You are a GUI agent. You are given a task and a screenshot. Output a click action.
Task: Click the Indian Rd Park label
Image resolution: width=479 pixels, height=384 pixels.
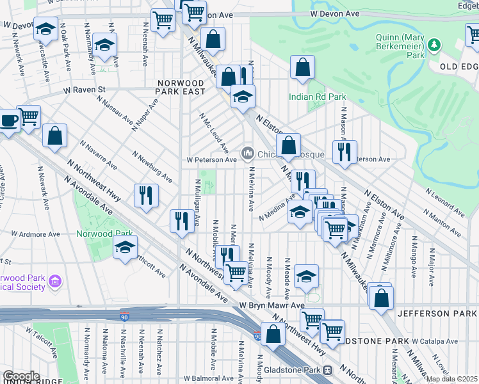click(x=317, y=97)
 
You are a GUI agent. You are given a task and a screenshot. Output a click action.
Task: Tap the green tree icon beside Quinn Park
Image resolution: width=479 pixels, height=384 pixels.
click(x=435, y=44)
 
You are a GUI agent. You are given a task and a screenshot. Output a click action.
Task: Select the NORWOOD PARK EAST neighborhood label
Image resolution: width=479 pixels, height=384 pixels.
click(x=182, y=87)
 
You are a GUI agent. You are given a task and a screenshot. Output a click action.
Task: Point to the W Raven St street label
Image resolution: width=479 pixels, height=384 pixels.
click(x=84, y=90)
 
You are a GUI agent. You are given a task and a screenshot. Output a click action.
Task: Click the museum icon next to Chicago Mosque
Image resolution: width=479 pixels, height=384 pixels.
click(x=248, y=154)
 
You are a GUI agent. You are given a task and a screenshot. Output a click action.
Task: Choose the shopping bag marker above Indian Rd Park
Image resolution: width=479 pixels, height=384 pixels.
click(x=302, y=67)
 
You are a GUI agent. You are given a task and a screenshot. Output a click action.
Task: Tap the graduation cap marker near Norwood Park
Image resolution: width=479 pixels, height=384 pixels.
click(x=125, y=247)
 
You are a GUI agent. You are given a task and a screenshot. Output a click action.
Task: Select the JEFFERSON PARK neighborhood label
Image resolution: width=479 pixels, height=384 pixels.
click(x=437, y=314)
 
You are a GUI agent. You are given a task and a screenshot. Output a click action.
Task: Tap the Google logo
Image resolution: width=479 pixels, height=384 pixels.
click(x=20, y=376)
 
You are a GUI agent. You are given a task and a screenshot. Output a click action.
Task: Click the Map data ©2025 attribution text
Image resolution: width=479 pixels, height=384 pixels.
click(x=452, y=379)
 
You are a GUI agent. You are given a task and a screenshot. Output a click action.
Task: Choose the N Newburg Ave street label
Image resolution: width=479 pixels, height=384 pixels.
click(x=152, y=166)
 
